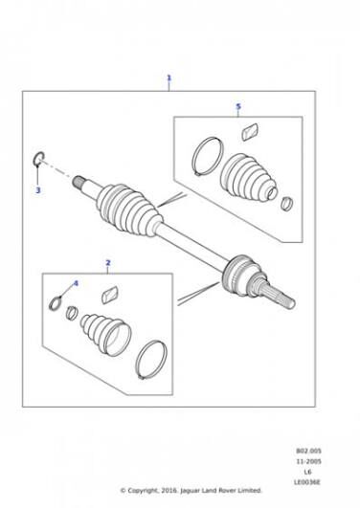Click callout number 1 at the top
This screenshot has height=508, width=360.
coord(169,78)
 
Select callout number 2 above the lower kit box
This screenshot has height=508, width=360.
coord(108,263)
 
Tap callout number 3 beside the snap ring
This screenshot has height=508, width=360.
coord(38,190)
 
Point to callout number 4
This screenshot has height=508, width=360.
coord(76,283)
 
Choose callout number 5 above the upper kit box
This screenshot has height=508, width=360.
coord(238,106)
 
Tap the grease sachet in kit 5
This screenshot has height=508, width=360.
coord(250,131)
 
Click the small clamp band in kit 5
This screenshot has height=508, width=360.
coord(286,204)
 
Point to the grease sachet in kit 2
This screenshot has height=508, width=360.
coord(110,295)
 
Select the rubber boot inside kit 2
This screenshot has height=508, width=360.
coord(106,335)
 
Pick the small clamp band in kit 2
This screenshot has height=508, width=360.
coord(72,313)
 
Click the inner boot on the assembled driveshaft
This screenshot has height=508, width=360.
coord(128,209)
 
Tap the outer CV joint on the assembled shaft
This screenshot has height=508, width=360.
coord(241,275)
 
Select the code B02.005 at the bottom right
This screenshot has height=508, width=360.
coord(308,451)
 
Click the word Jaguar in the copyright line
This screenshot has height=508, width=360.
coord(191,490)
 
